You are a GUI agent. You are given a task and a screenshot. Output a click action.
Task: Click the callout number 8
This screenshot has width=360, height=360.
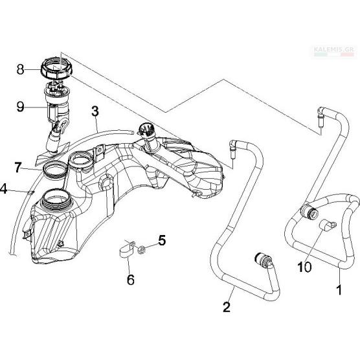(x=20, y=69)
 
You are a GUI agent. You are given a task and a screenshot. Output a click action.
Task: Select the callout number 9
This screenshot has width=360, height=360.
(x=20, y=107)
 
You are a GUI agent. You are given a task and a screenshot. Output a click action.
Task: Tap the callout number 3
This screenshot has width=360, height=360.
(x=95, y=111)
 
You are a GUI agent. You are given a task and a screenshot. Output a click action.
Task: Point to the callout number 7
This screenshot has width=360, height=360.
(x=17, y=167)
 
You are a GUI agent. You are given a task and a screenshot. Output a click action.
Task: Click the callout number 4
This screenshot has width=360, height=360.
(x=4, y=189)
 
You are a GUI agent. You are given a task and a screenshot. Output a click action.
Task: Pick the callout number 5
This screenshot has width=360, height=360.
(x=162, y=240)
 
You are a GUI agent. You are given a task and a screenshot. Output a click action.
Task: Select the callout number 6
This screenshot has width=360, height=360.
(x=131, y=280)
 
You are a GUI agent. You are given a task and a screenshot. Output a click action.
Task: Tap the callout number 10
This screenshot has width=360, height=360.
(x=304, y=267)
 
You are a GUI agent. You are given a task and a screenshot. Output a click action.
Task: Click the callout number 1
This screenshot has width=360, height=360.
(x=339, y=289)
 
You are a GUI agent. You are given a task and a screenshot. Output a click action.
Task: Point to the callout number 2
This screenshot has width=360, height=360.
(x=227, y=307)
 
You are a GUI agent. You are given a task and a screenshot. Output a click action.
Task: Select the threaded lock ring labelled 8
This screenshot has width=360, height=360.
(x=56, y=67)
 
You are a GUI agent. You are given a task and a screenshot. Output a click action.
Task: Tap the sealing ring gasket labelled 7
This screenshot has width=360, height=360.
(x=54, y=170)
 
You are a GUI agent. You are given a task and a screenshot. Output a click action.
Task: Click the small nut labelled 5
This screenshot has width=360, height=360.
(x=141, y=250)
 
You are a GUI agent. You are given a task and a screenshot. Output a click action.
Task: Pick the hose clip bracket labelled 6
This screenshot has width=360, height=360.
(x=127, y=250)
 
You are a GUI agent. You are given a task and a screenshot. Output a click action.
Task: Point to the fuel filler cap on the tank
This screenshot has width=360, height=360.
(x=144, y=130)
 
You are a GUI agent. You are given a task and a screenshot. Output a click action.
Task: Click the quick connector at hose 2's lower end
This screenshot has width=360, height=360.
(x=264, y=260)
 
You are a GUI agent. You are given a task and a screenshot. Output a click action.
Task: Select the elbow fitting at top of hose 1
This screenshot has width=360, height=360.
(x=321, y=116)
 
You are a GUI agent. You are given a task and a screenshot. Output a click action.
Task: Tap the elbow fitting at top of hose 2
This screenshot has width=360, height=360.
(x=233, y=148)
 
